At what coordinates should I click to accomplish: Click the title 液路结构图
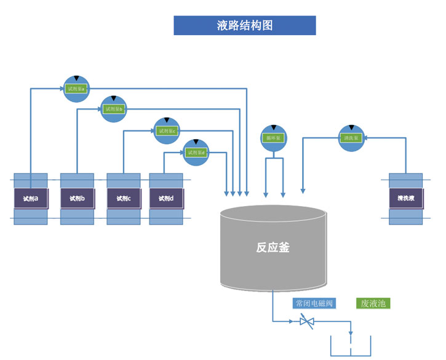(x=245, y=25)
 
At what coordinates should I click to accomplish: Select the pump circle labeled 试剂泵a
(x=76, y=89)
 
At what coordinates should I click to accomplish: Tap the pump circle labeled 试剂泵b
(x=113, y=109)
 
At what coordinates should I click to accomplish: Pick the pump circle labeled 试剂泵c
(x=166, y=130)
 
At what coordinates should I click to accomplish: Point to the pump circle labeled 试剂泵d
(x=196, y=151)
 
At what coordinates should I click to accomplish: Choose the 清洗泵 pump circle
(x=351, y=138)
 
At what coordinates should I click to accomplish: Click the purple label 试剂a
(x=31, y=199)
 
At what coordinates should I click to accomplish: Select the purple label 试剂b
(x=77, y=199)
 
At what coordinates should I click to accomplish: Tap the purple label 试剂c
(x=124, y=199)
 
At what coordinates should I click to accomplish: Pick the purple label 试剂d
(x=166, y=199)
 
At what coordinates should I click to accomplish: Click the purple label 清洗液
(x=405, y=199)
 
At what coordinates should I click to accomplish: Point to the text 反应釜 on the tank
(x=273, y=248)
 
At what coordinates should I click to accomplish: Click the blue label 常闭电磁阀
(x=314, y=303)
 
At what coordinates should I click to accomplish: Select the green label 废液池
(x=373, y=303)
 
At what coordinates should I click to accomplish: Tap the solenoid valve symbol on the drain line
(x=306, y=321)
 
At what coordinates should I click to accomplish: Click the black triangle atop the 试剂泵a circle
(x=76, y=78)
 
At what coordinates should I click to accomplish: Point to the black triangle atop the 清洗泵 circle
(x=351, y=127)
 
